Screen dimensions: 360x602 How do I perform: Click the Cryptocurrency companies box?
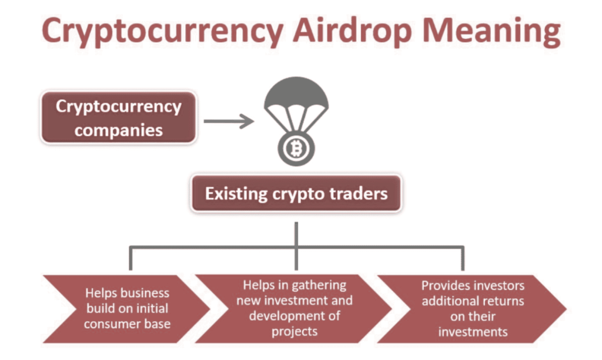click(118, 118)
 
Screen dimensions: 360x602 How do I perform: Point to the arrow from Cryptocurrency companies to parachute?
click(229, 122)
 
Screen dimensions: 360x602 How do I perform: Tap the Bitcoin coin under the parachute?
click(295, 149)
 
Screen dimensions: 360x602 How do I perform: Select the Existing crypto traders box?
click(296, 194)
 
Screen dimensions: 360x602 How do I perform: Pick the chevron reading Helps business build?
click(126, 308)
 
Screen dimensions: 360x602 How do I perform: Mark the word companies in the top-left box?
click(118, 129)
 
